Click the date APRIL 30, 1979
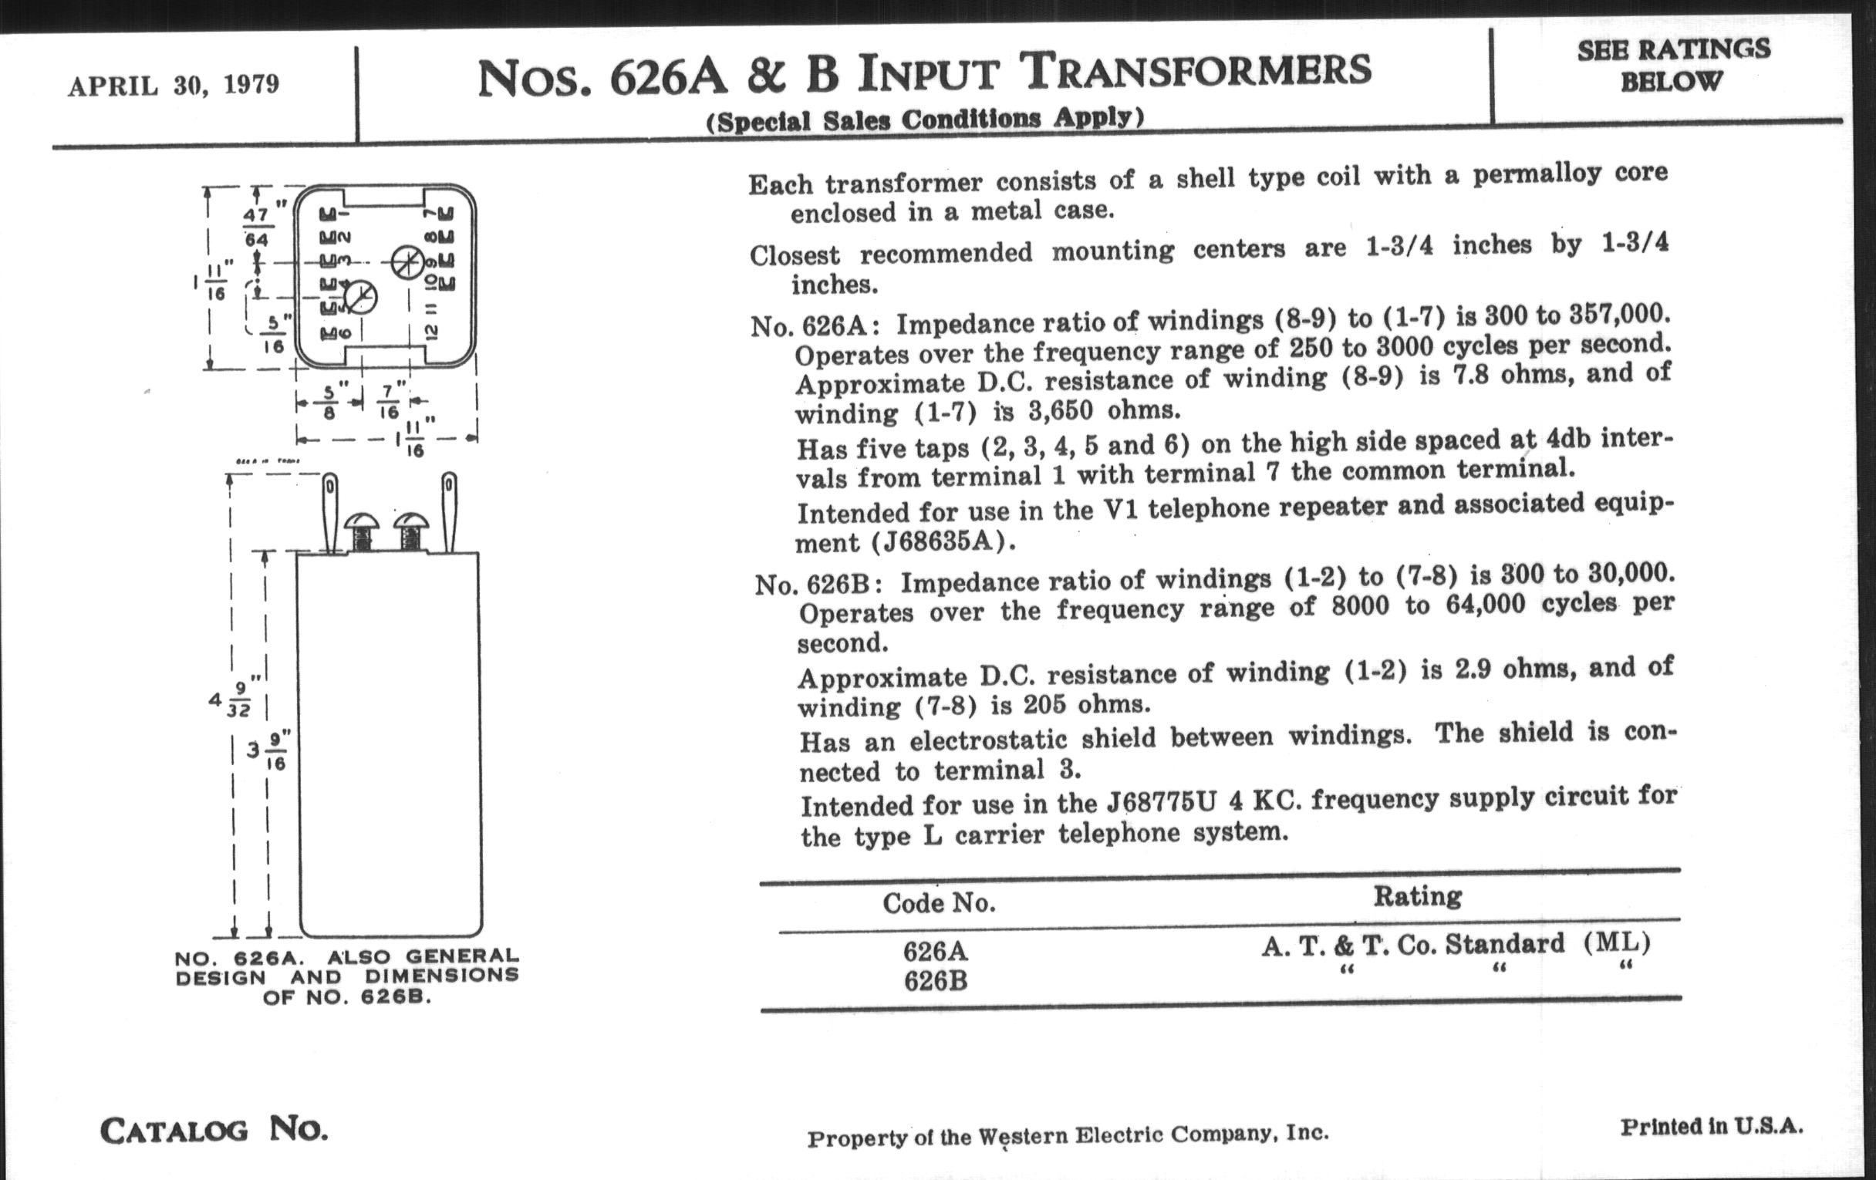[x=173, y=84]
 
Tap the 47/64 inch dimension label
[x=257, y=226]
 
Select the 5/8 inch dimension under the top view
[x=329, y=401]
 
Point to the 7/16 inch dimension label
[x=390, y=401]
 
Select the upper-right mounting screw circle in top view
[x=406, y=261]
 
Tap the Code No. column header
[x=939, y=902]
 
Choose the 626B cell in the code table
[x=936, y=980]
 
